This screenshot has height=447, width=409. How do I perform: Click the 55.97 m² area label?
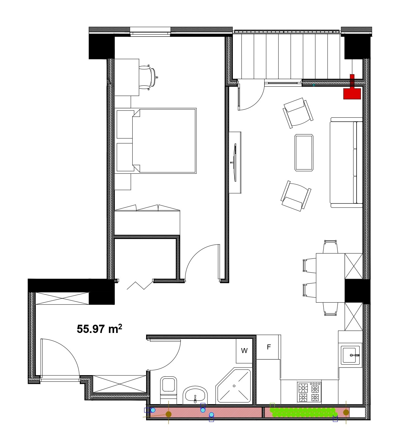point(99,329)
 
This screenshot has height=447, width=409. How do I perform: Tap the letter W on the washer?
point(244,351)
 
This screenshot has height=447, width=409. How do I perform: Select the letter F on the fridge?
point(269,347)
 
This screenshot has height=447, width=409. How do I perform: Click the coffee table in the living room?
point(304,153)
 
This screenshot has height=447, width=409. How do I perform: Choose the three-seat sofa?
point(346,163)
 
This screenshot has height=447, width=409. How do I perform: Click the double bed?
point(156,141)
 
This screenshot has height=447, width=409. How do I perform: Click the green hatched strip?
point(302,412)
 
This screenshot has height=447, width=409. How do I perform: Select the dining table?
point(330,278)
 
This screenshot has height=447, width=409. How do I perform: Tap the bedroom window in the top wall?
point(150,31)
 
